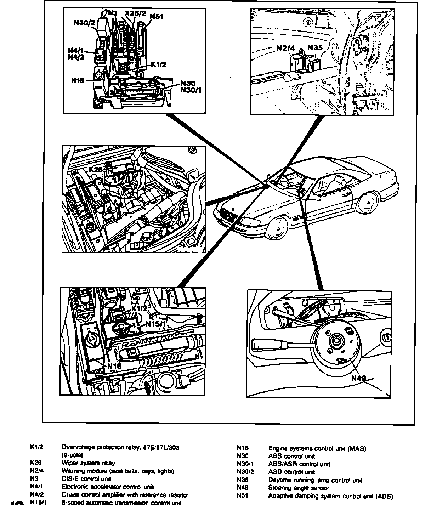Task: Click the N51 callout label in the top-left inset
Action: point(157,16)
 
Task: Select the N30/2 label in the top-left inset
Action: point(85,22)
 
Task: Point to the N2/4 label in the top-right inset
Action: point(286,48)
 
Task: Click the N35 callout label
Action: point(314,47)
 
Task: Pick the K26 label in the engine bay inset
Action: point(95,170)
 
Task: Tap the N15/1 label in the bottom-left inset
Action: point(155,323)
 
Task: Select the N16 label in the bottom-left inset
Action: point(114,366)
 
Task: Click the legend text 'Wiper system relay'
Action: point(88,463)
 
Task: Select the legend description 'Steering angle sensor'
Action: point(299,488)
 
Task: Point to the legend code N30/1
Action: point(244,464)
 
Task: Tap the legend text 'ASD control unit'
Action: point(291,472)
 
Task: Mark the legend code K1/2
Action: point(36,447)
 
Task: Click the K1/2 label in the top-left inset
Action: point(158,64)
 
